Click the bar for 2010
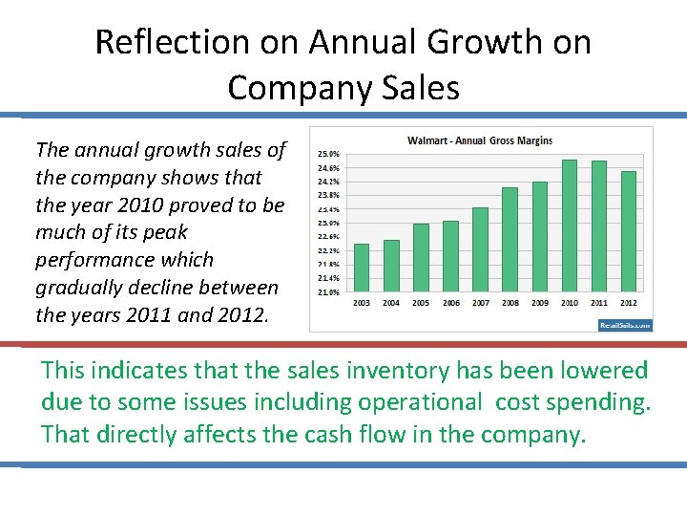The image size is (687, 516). [570, 226]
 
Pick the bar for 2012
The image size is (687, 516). [629, 232]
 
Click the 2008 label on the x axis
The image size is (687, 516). [510, 303]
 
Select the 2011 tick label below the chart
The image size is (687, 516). [599, 303]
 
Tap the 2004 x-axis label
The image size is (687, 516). [391, 303]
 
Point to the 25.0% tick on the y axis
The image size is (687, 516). [328, 153]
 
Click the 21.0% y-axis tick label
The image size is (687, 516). [328, 292]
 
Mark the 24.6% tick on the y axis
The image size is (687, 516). [328, 167]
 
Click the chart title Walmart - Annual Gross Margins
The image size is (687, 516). [480, 141]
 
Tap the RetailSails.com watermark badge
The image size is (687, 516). [625, 325]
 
